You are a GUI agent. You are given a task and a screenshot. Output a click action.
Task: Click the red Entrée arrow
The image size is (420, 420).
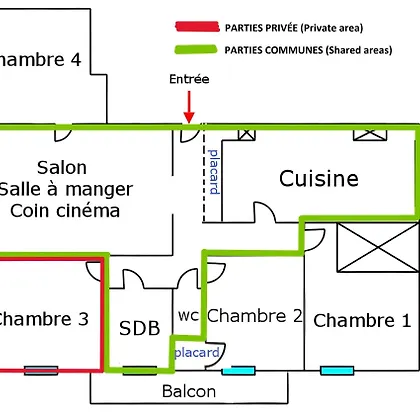[x=189, y=107]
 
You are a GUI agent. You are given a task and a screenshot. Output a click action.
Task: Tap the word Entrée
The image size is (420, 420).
[x=189, y=79]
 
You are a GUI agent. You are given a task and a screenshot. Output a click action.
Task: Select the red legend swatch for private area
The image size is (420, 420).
[x=197, y=27]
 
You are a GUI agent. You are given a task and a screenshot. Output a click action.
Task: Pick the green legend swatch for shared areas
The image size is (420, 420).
[x=196, y=49]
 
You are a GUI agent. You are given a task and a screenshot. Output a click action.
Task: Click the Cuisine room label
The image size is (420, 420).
[x=319, y=178]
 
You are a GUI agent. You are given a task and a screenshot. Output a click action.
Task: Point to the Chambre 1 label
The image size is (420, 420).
[x=362, y=320]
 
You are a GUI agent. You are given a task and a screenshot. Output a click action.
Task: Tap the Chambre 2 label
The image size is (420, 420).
[x=255, y=315]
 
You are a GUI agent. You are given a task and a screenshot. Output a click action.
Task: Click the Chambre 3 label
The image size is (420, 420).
[x=43, y=319]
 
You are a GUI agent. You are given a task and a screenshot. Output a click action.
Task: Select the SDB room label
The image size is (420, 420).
[x=140, y=328]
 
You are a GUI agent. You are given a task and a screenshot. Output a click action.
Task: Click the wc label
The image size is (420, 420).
[x=188, y=316]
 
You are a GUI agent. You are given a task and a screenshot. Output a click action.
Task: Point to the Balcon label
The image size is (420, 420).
[x=189, y=391]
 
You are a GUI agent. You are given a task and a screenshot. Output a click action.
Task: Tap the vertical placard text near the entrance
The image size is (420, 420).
[x=214, y=172]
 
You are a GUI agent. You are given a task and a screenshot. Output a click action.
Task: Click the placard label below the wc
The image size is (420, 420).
[x=197, y=352]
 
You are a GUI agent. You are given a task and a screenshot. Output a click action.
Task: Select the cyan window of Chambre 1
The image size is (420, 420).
[x=337, y=370]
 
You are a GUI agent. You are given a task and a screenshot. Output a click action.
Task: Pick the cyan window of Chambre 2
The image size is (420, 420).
[x=239, y=370]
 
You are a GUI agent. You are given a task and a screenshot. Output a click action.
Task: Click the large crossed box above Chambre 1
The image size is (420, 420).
[x=378, y=247]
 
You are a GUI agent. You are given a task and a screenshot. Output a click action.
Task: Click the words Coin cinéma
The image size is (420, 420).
[x=65, y=211]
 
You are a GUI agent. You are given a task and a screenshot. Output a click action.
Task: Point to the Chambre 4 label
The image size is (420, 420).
[x=39, y=59]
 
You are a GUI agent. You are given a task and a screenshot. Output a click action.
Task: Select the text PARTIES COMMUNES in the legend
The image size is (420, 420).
[x=274, y=50]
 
